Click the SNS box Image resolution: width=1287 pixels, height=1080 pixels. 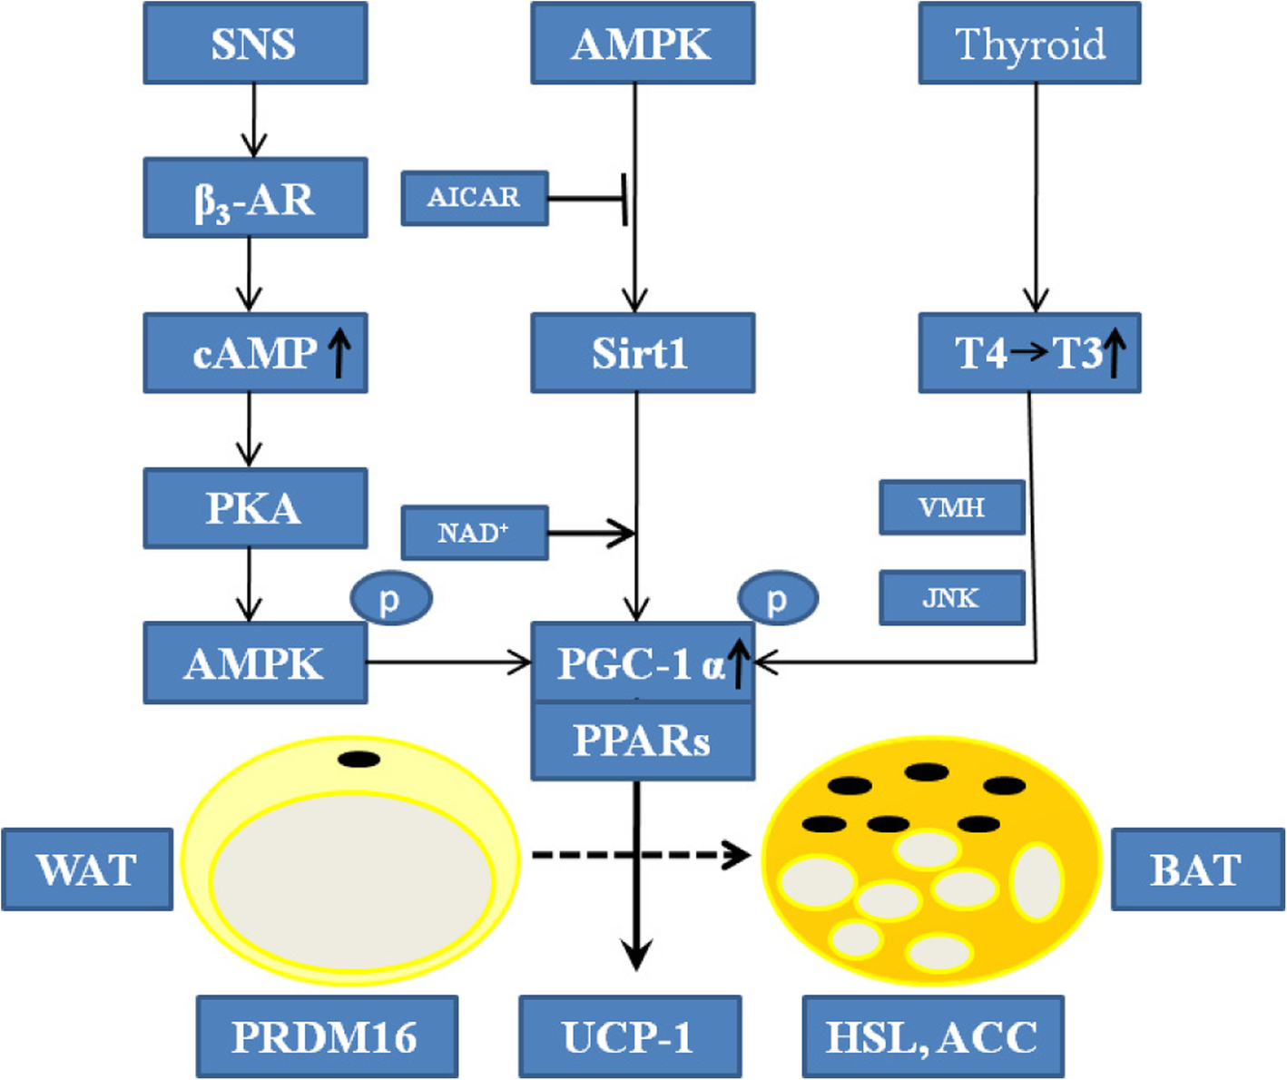coord(255,44)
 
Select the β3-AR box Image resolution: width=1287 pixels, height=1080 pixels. coord(255,198)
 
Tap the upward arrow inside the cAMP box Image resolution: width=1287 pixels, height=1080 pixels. coord(339,353)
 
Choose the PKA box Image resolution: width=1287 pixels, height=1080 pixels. coord(255,508)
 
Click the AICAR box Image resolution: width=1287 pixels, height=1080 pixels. coord(475,198)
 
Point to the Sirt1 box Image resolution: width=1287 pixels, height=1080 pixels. coord(643,353)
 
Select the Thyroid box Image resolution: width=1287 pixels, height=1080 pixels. coord(1029,44)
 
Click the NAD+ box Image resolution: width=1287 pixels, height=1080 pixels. coord(475,533)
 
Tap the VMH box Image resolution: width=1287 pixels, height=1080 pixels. coord(952,507)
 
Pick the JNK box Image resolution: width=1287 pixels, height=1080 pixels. coord(952,598)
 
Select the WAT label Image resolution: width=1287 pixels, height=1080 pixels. coord(87,869)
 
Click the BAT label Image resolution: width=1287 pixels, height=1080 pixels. coord(1197,869)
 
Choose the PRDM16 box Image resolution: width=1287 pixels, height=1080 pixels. coord(327,1036)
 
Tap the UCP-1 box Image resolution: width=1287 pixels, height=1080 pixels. coord(630,1036)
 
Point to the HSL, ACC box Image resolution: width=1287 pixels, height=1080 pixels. coord(933,1036)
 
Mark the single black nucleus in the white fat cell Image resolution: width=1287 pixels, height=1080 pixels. coord(359,760)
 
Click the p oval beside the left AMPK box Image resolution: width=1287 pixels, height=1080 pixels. coord(391,599)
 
